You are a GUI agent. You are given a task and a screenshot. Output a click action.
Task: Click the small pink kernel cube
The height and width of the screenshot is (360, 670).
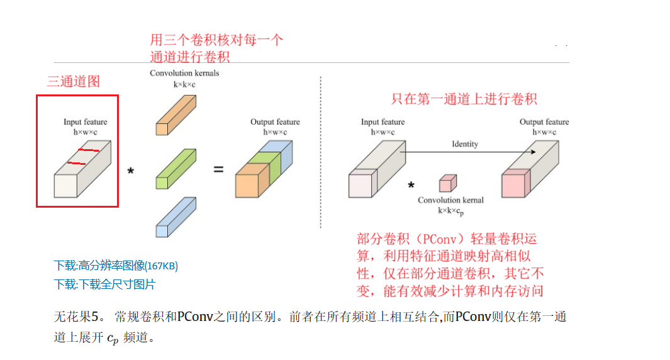pos(447,183)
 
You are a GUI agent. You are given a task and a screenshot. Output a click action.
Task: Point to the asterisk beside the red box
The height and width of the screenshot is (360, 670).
pos(131,171)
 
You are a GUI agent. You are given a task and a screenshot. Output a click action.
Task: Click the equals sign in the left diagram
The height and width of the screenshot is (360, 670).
pos(218,169)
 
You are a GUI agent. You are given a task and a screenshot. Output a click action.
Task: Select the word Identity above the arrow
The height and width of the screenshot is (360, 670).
pos(464,144)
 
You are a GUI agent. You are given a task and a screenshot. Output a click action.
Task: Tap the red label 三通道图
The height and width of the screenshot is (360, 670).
pos(74,81)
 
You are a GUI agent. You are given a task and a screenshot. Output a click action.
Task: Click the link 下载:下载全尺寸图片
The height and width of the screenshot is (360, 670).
pos(104,284)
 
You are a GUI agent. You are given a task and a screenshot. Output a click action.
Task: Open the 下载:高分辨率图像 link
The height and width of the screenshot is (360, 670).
pos(116,266)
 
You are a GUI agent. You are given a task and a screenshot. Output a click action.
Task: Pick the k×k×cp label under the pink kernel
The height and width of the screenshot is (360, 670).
pos(450,212)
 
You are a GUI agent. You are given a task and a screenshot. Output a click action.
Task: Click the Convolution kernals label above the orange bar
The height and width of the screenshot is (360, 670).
pos(184,73)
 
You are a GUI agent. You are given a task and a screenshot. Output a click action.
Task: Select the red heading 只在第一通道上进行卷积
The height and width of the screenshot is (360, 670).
pos(464,99)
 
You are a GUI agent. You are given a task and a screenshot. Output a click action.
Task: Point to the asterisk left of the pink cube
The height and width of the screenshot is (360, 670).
pos(411,186)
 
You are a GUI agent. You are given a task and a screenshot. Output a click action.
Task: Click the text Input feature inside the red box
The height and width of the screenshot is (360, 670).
pos(85,122)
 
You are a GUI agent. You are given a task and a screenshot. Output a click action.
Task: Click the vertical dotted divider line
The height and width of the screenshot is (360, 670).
pos(321,151)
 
